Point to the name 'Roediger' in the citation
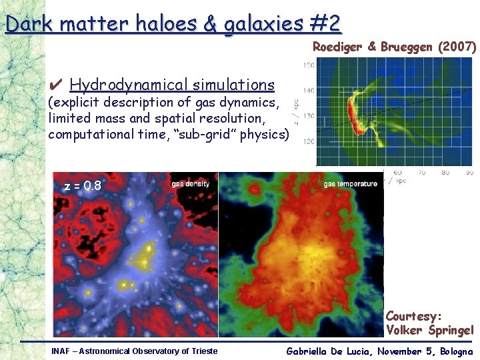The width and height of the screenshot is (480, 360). (337, 47)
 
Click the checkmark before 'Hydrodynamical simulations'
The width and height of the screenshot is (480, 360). (57, 85)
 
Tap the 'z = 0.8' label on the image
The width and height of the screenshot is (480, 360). (83, 186)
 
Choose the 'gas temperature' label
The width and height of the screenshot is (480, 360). (351, 183)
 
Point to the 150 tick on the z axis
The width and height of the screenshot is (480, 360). (309, 65)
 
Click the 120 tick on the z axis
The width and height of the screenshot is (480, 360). (309, 141)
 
